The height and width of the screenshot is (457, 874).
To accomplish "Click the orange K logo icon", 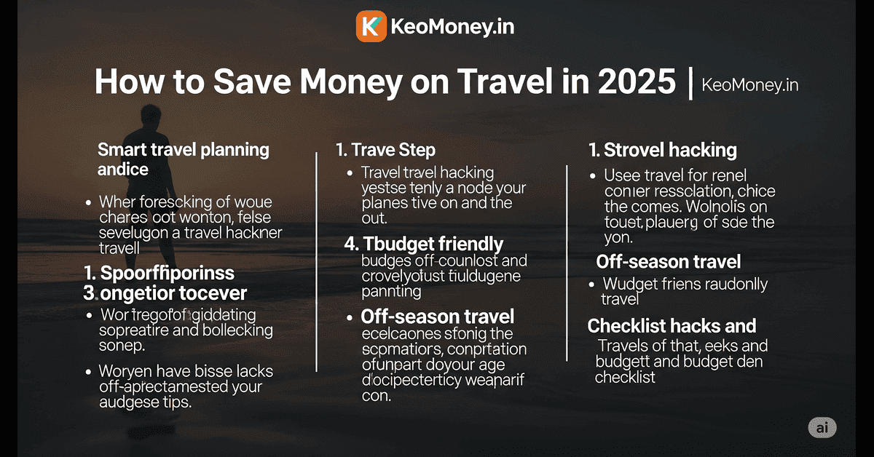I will pos(371,27).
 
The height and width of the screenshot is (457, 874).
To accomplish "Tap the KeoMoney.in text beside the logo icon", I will pos(453,28).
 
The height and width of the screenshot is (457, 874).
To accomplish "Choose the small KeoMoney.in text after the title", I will pos(749,85).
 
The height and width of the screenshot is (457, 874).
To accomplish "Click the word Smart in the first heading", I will pos(122,151).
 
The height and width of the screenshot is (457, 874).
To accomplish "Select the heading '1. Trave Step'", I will pos(385,151).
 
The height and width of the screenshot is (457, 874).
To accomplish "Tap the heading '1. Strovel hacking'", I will pos(663,151).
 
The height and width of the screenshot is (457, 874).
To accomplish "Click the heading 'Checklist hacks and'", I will pos(672,326).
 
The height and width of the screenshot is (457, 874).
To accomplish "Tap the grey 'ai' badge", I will pos(822,429).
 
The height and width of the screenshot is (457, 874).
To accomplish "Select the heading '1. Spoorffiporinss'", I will pos(158,274).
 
